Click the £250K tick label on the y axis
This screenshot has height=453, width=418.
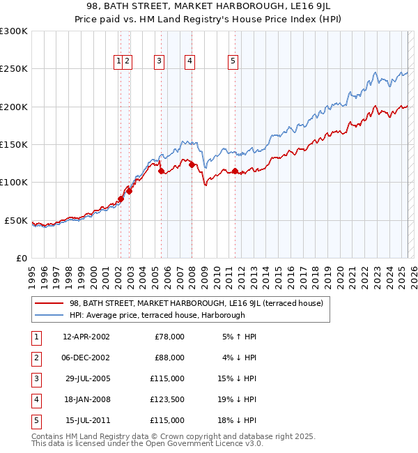pyautogui.click(x=14, y=69)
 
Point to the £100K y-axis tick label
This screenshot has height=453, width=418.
pyautogui.click(x=14, y=183)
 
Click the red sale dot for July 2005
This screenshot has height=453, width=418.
pyautogui.click(x=161, y=171)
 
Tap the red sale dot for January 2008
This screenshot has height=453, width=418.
pyautogui.click(x=192, y=165)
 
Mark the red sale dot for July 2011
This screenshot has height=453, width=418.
pyautogui.click(x=235, y=171)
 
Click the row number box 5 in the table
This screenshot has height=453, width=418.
pyautogui.click(x=34, y=420)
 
